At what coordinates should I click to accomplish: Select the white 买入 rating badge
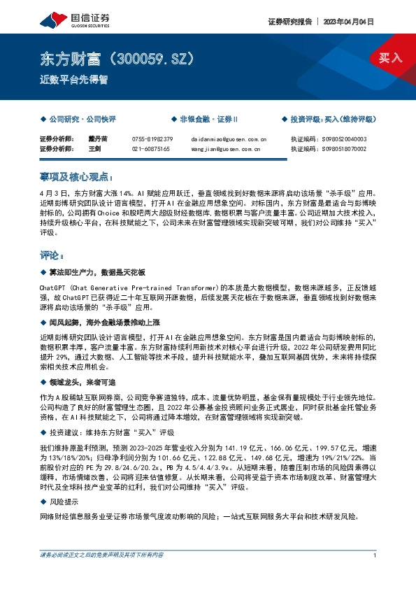[x=390, y=58]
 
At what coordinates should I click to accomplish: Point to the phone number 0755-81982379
[x=152, y=139]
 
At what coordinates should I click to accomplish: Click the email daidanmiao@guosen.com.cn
[x=229, y=139]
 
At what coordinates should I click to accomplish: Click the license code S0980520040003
[x=342, y=139]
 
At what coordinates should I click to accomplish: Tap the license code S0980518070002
[x=342, y=149]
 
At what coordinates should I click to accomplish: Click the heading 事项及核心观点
[x=75, y=179]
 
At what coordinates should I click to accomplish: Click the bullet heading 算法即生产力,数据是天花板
[x=96, y=272]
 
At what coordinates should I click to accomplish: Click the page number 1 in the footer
[x=375, y=555]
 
